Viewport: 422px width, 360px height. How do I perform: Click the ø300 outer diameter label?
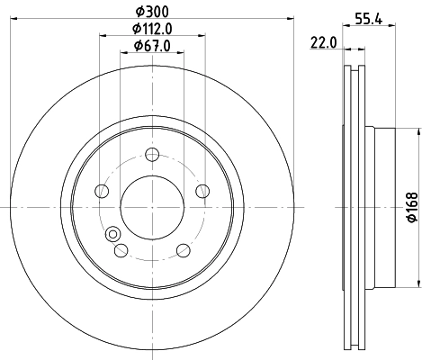pyautogui.click(x=152, y=10)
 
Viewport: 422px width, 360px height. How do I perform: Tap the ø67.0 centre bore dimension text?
pyautogui.click(x=152, y=46)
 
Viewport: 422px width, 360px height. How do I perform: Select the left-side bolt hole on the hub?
pyautogui.click(x=102, y=191)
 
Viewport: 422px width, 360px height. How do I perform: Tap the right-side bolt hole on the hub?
pyautogui.click(x=202, y=191)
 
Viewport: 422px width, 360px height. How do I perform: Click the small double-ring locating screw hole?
pyautogui.click(x=112, y=235)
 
